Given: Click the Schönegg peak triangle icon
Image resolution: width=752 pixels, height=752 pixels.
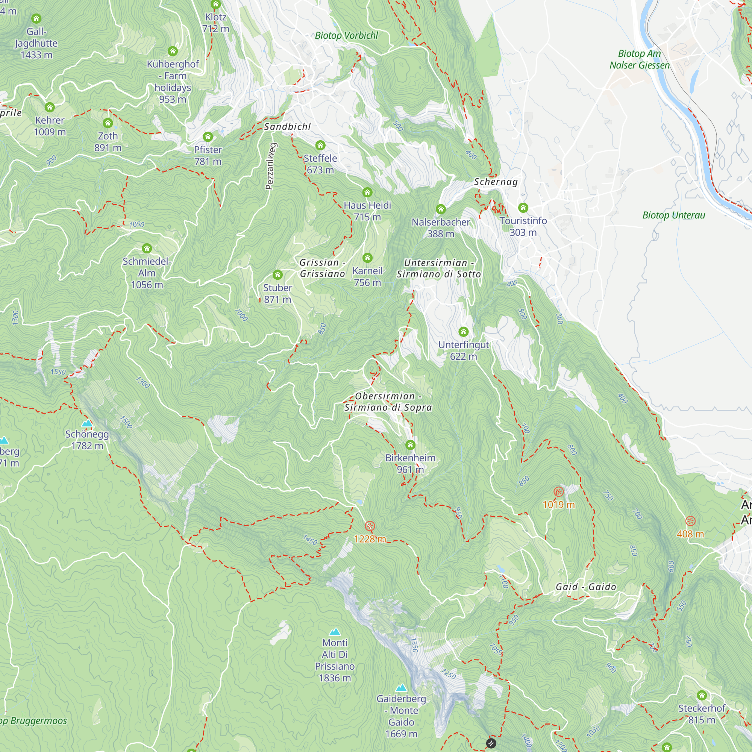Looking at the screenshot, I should [x=87, y=423].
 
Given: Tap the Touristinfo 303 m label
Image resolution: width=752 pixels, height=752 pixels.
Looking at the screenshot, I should [x=523, y=226].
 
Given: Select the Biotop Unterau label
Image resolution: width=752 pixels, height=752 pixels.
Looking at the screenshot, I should [x=673, y=215].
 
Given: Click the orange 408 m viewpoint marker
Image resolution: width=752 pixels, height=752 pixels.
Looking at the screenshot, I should [x=690, y=521].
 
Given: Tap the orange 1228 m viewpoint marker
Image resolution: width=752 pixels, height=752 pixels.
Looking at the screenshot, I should [x=370, y=526].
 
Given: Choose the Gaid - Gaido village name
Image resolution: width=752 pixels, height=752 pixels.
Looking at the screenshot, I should [x=585, y=587].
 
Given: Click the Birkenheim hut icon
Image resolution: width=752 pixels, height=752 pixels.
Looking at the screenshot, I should [x=410, y=444].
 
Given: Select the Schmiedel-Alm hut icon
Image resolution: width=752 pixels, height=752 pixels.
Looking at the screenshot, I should [x=147, y=248].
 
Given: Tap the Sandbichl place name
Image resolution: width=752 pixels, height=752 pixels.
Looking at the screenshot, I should [x=287, y=126].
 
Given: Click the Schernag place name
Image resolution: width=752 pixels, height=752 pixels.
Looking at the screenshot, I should [x=496, y=182].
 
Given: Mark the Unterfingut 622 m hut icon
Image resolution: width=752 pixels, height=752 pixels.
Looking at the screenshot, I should [x=463, y=331].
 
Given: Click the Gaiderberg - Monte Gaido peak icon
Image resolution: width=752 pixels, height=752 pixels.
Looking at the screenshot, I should [x=401, y=688].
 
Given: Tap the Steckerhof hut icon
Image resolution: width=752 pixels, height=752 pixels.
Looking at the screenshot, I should [x=701, y=695].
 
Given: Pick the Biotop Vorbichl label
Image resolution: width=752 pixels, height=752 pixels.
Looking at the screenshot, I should [x=346, y=35].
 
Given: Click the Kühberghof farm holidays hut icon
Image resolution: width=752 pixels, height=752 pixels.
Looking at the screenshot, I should [x=173, y=51].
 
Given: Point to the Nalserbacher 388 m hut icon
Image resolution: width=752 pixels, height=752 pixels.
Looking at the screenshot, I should [x=440, y=209].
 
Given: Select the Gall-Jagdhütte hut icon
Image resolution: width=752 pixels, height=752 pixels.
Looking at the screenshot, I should [x=36, y=18].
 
